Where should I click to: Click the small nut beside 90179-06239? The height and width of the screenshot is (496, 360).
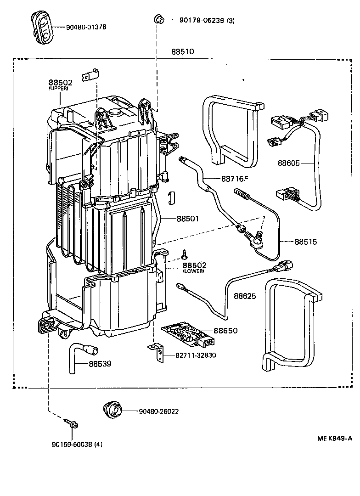159,19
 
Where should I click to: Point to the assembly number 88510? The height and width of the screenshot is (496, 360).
183,52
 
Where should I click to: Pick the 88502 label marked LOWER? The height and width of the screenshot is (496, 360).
195,265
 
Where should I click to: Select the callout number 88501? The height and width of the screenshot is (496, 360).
188,219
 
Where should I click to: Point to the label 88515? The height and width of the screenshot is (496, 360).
306,241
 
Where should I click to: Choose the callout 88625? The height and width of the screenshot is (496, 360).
245,296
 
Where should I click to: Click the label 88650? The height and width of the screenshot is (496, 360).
225,331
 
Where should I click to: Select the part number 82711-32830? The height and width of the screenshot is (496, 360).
196,355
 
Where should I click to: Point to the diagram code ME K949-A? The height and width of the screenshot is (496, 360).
334,438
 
